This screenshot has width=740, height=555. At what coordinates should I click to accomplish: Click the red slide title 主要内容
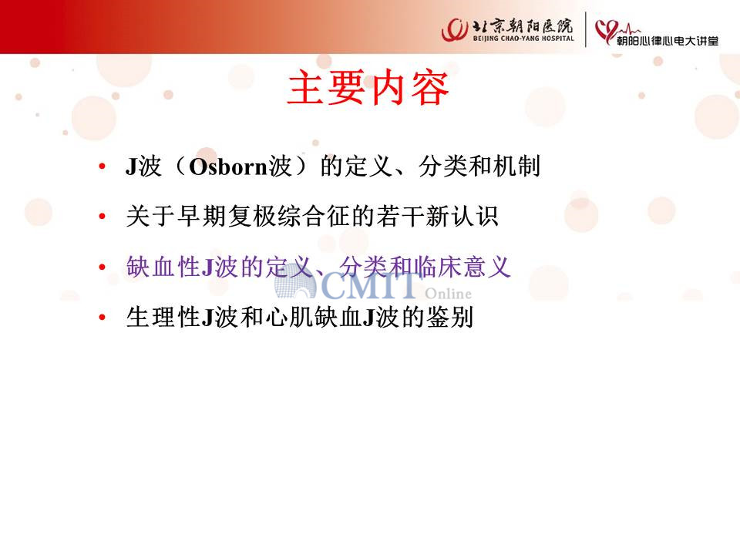368,88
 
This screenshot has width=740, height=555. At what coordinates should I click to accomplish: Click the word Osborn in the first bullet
228,167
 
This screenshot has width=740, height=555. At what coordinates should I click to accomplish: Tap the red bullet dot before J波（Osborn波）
103,166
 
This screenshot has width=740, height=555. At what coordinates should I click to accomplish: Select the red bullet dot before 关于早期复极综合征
103,217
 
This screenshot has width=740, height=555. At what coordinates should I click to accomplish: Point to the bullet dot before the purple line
103,267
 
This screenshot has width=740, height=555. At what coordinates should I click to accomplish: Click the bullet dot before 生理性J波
103,317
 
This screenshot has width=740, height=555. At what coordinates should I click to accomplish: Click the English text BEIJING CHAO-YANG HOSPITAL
523,39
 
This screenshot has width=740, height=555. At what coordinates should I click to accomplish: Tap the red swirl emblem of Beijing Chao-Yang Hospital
455,30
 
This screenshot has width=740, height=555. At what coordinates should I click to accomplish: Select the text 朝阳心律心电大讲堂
668,41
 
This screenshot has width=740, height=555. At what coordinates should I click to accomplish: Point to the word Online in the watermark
448,294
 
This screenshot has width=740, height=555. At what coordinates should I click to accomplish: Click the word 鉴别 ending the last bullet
449,317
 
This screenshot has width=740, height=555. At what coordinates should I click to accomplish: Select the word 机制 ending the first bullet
516,166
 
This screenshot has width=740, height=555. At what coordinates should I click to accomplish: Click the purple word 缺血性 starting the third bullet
163,267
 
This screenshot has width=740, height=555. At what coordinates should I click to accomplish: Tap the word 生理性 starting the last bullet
163,317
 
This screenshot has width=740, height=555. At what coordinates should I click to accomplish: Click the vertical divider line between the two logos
586,29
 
